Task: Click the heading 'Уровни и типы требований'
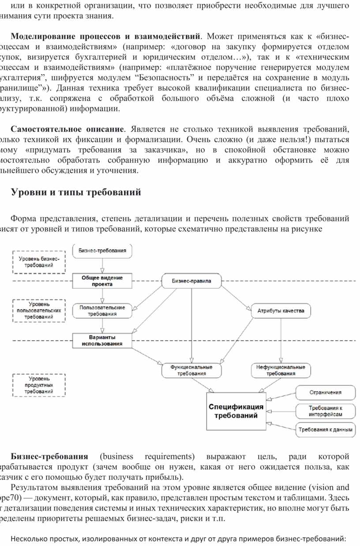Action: tap(75, 192)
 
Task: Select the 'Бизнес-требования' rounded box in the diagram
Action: tap(102, 251)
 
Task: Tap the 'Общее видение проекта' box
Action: tap(102, 281)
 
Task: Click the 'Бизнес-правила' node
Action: tap(191, 281)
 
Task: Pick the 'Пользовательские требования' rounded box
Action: tap(102, 311)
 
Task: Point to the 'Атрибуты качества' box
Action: tap(281, 311)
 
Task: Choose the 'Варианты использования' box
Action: tap(102, 340)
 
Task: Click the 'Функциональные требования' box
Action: tap(191, 370)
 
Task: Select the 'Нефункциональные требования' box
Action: tap(281, 370)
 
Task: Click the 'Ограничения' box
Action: tap(326, 392)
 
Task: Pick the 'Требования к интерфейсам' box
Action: tap(326, 411)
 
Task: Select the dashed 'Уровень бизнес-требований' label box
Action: tap(39, 262)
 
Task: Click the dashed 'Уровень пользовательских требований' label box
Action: tap(39, 310)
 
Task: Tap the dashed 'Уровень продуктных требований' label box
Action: tap(39, 385)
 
